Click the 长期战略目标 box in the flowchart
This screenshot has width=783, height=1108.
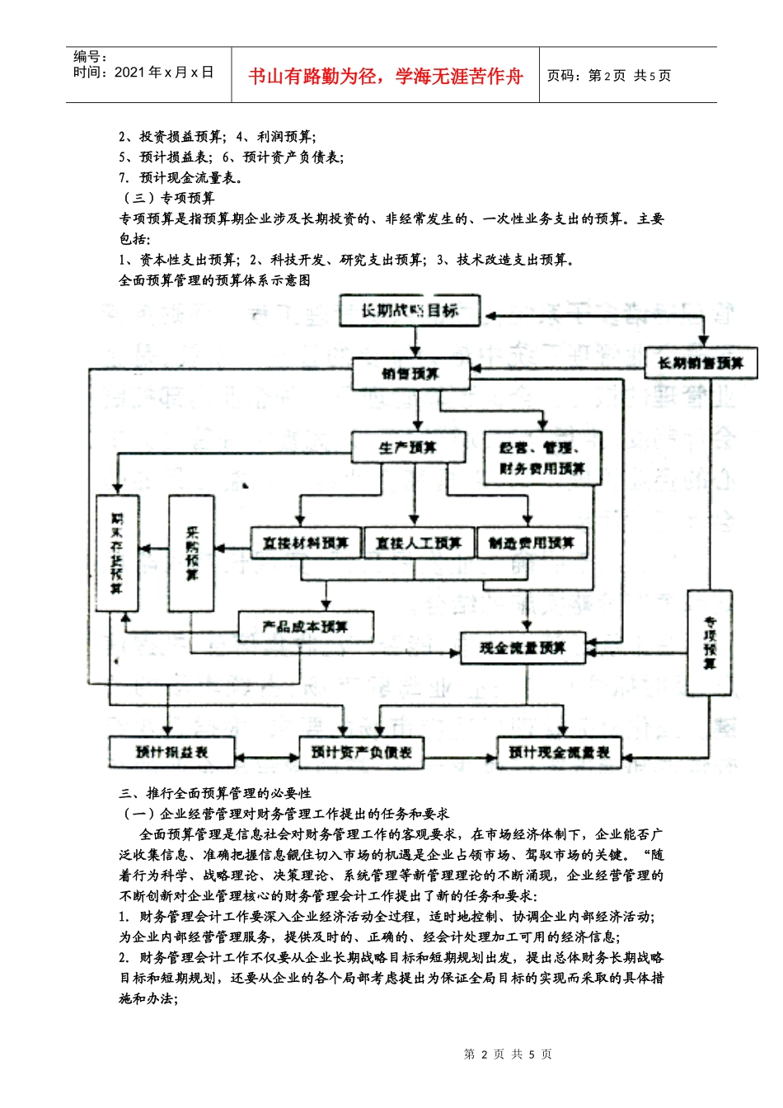point(410,311)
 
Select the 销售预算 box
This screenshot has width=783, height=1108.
point(410,373)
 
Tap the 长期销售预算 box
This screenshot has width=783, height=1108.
point(701,363)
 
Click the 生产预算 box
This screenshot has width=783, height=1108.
point(408,448)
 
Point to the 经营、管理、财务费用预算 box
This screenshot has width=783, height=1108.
point(542,458)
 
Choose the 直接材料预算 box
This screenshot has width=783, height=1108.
point(306,542)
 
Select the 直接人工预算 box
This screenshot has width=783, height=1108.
point(419,542)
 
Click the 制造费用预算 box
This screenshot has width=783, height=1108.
point(532,542)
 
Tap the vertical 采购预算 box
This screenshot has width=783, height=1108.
point(191,552)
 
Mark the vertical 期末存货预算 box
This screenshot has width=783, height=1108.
point(117,552)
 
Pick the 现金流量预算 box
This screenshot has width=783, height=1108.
point(523,648)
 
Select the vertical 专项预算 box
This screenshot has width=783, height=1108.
point(710,642)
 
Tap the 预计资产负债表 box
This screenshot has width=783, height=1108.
point(362,752)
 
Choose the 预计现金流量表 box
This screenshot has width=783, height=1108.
point(559,752)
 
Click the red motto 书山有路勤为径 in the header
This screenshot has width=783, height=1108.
point(386,77)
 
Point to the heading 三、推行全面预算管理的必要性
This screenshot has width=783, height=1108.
point(215,793)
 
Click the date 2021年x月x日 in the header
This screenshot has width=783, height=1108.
point(164,73)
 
